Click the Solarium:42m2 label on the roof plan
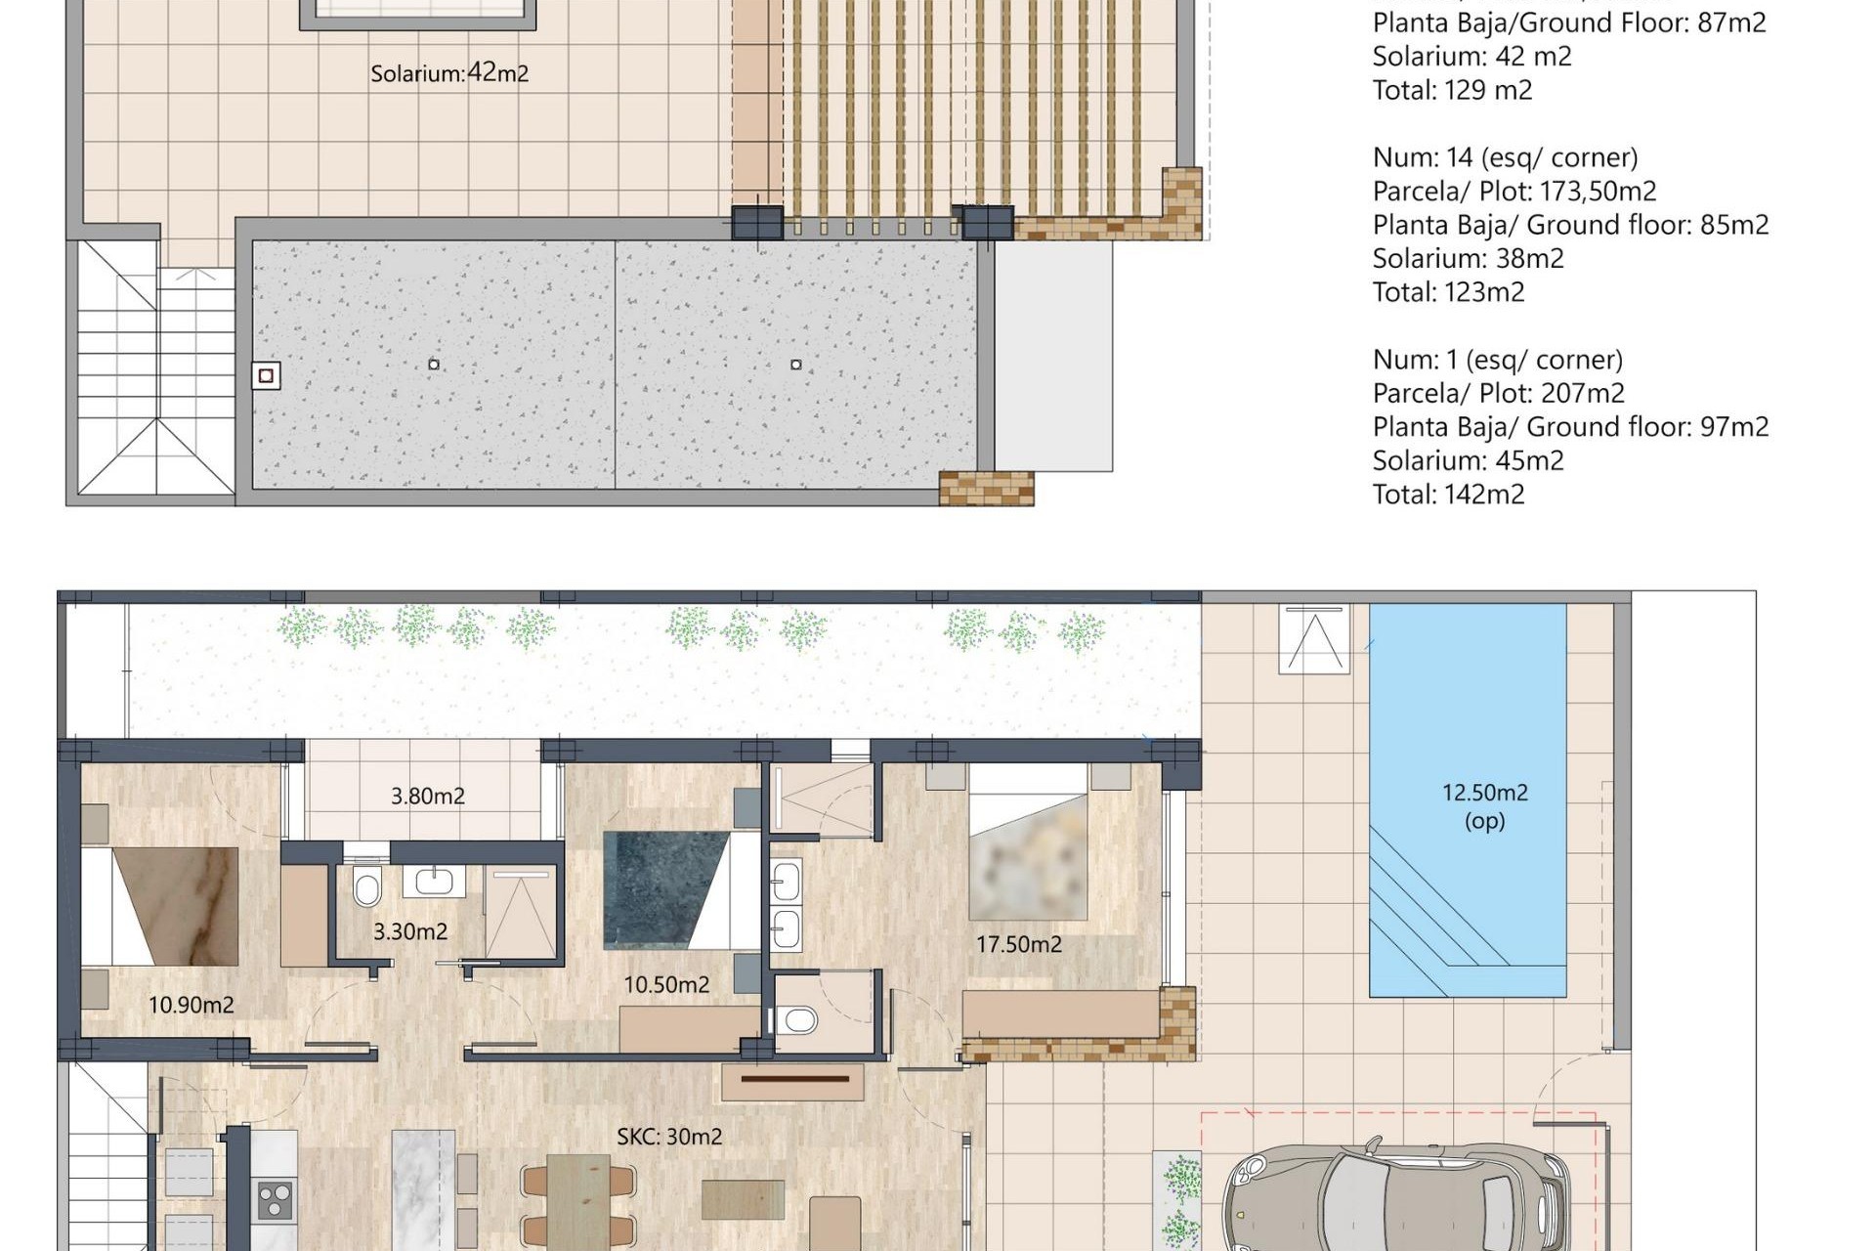[449, 73]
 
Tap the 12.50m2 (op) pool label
[1484, 805]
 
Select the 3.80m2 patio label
[428, 797]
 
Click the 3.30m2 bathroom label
[410, 931]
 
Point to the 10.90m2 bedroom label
[192, 1005]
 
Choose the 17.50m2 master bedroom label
[1019, 944]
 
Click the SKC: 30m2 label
[669, 1137]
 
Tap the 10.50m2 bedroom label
[666, 985]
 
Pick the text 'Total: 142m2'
[1448, 495]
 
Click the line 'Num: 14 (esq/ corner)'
[1505, 157]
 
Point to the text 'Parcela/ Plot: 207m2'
[1498, 393]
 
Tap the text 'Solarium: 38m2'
[1468, 259]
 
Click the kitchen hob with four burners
[275, 1200]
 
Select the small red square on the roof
[266, 376]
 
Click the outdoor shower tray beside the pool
[1314, 639]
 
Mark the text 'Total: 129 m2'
[1452, 91]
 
